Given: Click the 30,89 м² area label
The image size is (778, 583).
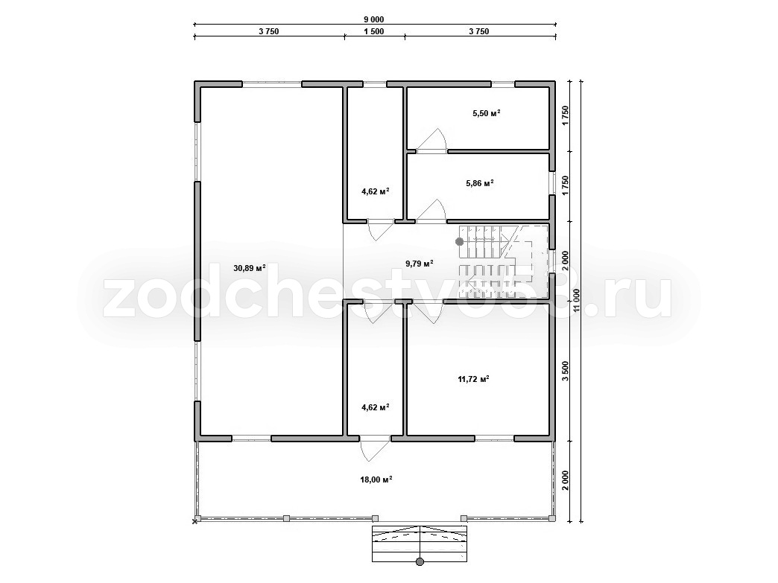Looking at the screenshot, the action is (249, 268).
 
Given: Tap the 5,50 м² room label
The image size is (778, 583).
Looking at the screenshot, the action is (486, 113).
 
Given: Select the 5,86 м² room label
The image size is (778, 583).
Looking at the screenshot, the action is (480, 183).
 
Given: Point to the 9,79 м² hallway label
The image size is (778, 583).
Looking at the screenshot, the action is (420, 264).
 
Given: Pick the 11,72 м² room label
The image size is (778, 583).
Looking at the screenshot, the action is (473, 379).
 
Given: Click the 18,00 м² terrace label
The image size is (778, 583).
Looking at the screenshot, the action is (376, 480).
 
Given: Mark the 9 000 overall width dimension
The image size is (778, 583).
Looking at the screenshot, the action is (374, 20).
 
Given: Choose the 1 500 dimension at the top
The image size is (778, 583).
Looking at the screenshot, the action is (374, 32).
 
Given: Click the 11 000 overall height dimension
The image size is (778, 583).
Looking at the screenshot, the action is (576, 300).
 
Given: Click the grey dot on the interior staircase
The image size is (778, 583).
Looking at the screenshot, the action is (460, 241).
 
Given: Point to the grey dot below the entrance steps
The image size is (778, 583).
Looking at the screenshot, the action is (420, 561).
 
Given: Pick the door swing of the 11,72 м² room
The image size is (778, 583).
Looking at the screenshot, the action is (428, 312).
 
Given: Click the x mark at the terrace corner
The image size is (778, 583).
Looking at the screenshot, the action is (195, 520).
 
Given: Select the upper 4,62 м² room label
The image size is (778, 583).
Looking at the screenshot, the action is (375, 191).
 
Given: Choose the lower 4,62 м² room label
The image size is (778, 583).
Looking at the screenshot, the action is (375, 407).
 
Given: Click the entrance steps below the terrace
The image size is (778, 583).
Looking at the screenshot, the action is (420, 544).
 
